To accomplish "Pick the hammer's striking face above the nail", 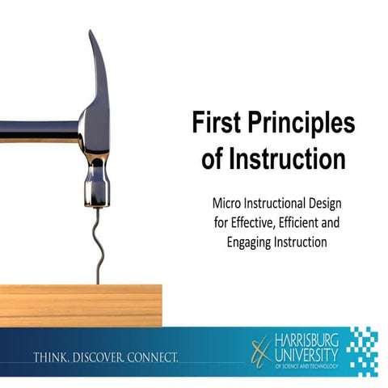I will click(x=95, y=196).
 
